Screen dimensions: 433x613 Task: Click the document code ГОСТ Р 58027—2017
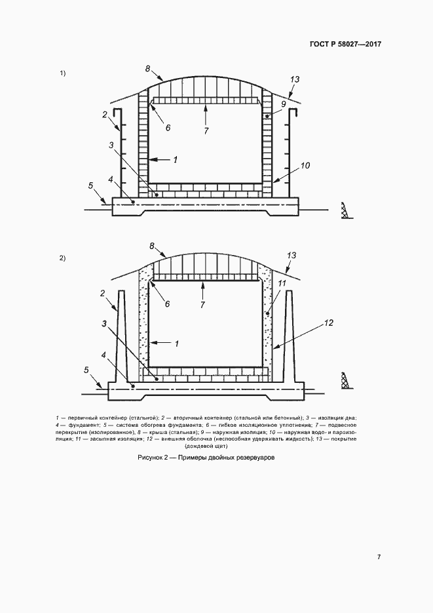[x=345, y=44]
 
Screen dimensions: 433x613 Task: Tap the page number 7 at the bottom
[x=379, y=557]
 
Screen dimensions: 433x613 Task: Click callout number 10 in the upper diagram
[x=305, y=165]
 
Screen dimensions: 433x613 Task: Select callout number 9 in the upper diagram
[x=284, y=104]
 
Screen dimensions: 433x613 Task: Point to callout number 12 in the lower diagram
[x=328, y=323]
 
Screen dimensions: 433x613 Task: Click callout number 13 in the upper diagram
[x=295, y=79]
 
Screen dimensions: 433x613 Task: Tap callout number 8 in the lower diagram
[x=152, y=246]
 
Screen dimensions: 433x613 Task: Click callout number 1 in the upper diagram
[x=176, y=159]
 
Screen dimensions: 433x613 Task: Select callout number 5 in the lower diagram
[x=86, y=370]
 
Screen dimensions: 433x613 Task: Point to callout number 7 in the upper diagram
[x=206, y=131]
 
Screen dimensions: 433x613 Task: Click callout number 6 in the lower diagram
[x=167, y=304]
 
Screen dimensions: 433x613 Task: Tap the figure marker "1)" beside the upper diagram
[x=62, y=73]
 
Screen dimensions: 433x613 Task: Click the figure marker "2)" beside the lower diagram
[x=62, y=258]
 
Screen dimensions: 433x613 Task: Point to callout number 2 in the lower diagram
[x=103, y=293]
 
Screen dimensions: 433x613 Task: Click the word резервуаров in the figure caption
[x=257, y=458]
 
